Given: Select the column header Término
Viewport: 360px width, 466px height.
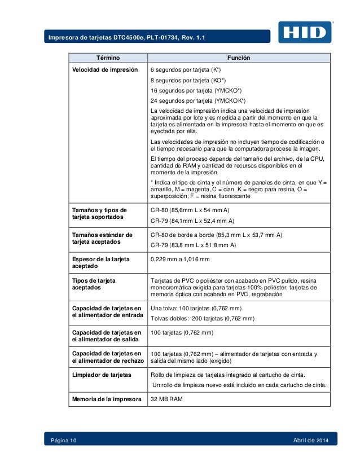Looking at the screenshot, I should (x=106, y=58).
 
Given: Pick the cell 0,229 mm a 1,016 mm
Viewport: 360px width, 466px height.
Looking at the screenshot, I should (x=180, y=259).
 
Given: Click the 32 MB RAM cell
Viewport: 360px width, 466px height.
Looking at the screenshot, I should (x=166, y=399).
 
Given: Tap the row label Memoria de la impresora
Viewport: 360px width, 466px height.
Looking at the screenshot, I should (x=106, y=399).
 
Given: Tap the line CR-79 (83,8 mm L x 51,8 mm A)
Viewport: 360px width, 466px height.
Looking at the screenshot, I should (x=193, y=245).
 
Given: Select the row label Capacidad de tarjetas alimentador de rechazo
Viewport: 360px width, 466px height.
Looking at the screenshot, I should (x=106, y=357).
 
